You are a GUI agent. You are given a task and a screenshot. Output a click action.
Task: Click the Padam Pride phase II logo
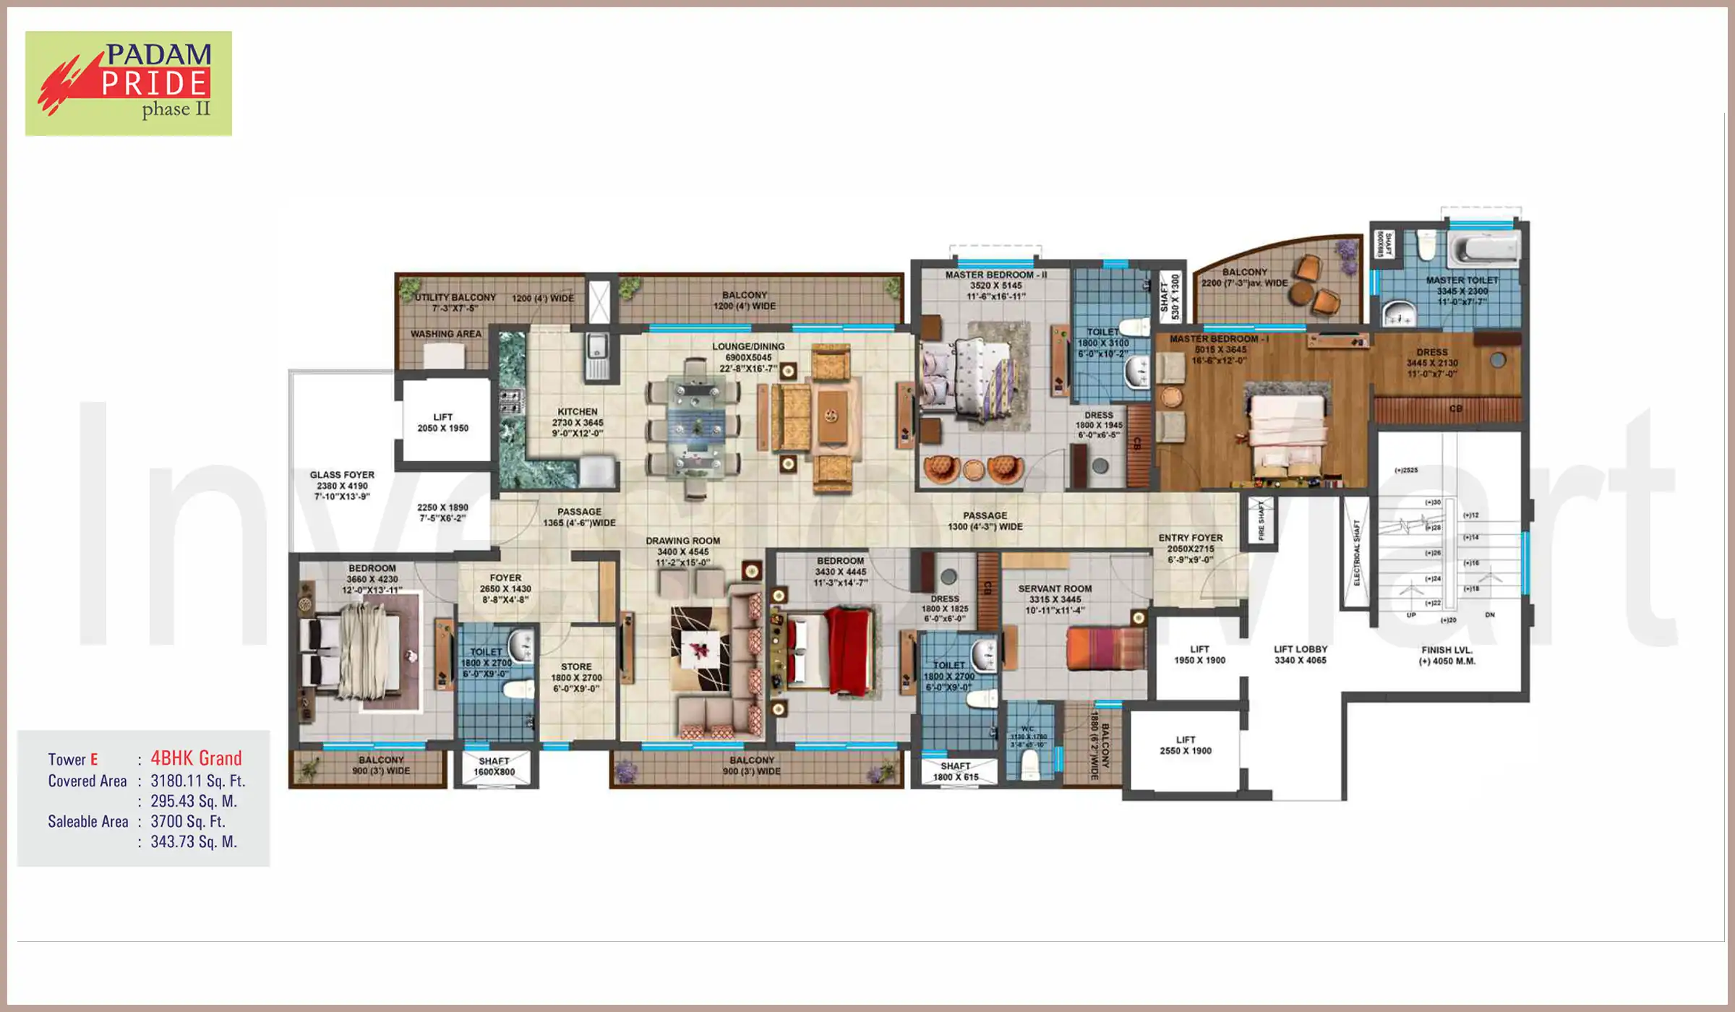tap(129, 83)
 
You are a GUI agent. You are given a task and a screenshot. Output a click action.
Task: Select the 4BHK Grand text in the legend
tap(196, 758)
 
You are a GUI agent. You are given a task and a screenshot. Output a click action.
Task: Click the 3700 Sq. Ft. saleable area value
tap(188, 821)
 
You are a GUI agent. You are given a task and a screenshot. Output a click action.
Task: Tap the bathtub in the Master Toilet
tap(1483, 249)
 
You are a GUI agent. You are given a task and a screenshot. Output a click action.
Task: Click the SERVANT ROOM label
tap(1055, 589)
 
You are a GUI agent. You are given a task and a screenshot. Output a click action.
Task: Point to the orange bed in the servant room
tap(1105, 648)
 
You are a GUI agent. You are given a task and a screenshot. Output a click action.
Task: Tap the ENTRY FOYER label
tap(1190, 539)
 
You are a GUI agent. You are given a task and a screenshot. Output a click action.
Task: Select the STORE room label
tap(576, 667)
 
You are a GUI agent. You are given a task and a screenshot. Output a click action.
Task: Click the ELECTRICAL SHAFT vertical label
tap(1356, 553)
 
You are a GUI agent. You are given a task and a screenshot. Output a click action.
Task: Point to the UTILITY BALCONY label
tap(455, 298)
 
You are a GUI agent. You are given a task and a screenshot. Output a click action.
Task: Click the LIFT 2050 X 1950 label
tap(442, 423)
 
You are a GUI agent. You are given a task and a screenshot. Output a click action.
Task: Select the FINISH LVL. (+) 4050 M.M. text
tap(1447, 656)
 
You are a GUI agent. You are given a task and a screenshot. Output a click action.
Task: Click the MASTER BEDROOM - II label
tap(995, 275)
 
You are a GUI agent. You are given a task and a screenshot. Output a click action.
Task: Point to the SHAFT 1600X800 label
tap(494, 766)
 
